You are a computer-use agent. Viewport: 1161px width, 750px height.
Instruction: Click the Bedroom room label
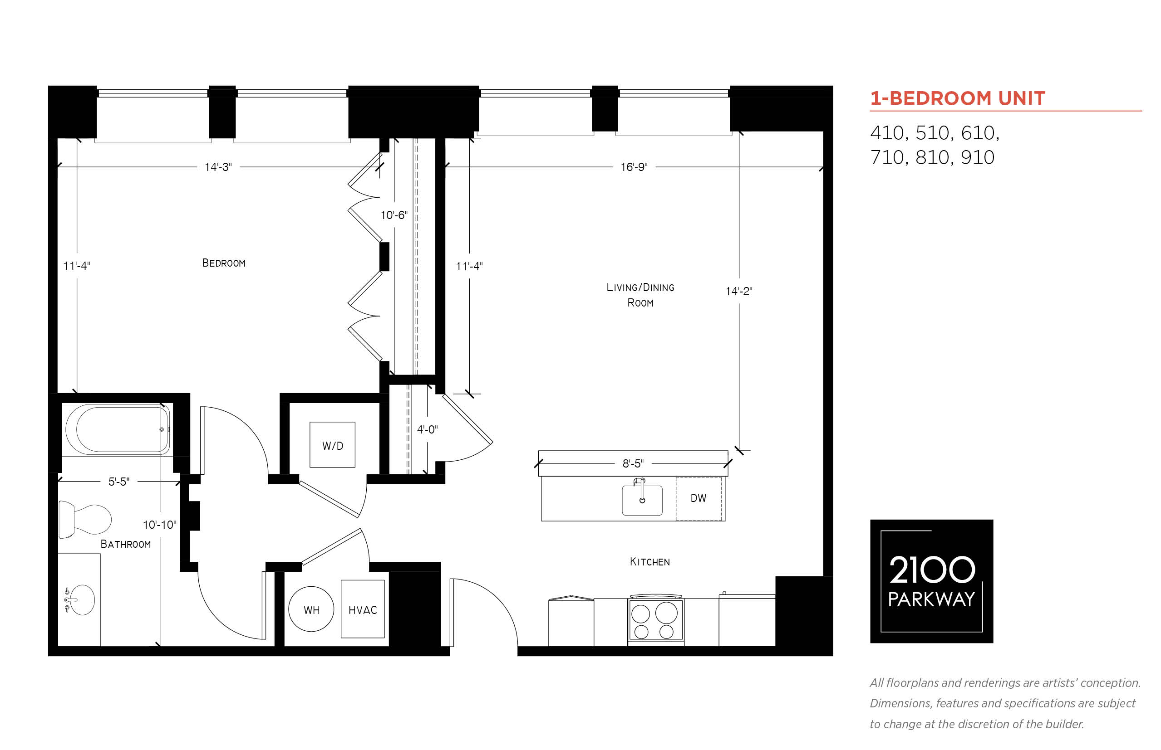(224, 263)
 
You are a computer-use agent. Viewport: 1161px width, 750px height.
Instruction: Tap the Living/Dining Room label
(640, 295)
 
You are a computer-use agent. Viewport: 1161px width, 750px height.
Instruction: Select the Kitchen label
(649, 562)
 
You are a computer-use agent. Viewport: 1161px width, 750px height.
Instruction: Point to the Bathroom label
(126, 544)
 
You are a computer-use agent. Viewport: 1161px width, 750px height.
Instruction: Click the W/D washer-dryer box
(332, 445)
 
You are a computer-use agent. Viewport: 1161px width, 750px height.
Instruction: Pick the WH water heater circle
(311, 609)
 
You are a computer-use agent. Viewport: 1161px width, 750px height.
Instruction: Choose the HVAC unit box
(363, 609)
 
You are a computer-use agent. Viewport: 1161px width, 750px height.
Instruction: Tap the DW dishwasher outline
(699, 499)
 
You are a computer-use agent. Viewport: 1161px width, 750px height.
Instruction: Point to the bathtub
(118, 429)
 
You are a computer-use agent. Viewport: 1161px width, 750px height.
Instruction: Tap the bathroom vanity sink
(79, 600)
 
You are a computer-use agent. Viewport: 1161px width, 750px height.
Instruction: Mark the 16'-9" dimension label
(634, 167)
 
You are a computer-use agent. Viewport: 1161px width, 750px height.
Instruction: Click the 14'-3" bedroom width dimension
(218, 167)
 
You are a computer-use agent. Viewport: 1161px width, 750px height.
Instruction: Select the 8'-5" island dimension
(633, 463)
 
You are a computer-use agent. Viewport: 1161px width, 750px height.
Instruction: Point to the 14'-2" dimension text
(738, 291)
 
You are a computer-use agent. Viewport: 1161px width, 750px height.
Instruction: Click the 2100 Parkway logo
(931, 581)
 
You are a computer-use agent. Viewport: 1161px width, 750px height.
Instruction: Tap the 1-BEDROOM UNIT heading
(958, 98)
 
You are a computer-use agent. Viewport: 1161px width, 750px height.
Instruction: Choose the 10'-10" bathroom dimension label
(159, 525)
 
